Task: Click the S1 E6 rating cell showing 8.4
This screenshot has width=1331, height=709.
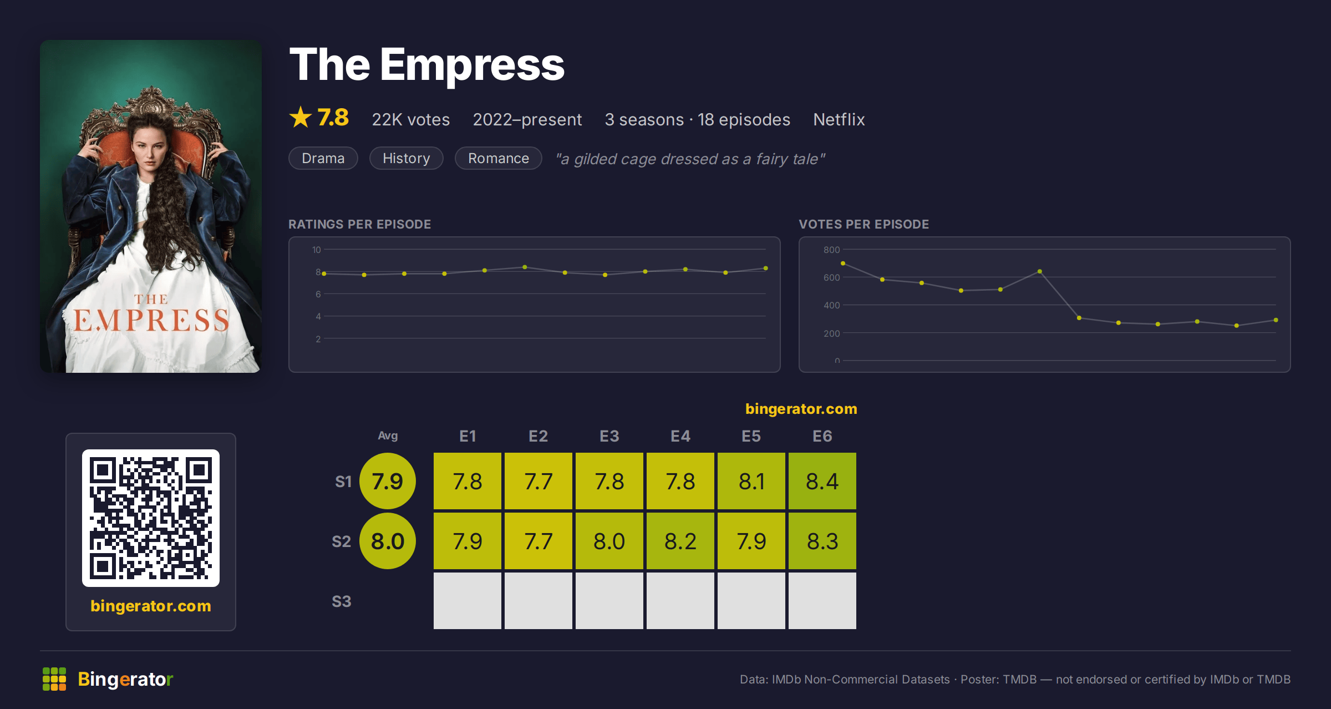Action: coord(822,481)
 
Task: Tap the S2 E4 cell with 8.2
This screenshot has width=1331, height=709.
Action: coord(680,541)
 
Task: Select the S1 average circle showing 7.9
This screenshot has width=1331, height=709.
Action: coord(388,481)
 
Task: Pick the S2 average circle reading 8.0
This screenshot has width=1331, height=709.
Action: coord(388,541)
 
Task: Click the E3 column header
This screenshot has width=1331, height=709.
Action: coord(609,436)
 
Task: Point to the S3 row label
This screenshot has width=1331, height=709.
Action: coord(342,601)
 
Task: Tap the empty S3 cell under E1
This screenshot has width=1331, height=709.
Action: coord(468,601)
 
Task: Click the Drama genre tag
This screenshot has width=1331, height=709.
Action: coord(323,158)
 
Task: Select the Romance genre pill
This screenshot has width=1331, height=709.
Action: coord(499,158)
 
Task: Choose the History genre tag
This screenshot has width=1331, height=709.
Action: coord(407,158)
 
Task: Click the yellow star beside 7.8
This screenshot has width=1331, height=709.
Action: coord(301,117)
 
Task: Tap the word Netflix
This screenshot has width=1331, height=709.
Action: coord(839,119)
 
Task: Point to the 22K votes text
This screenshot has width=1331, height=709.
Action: coord(411,119)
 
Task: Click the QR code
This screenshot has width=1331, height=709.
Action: coord(151,518)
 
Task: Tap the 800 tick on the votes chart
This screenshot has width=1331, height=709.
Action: coord(831,250)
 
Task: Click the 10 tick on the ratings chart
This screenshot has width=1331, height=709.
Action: coord(317,250)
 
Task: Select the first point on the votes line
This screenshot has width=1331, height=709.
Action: coord(843,264)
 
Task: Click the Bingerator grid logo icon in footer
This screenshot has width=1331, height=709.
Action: coord(54,679)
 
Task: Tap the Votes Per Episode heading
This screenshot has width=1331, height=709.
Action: coord(864,224)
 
